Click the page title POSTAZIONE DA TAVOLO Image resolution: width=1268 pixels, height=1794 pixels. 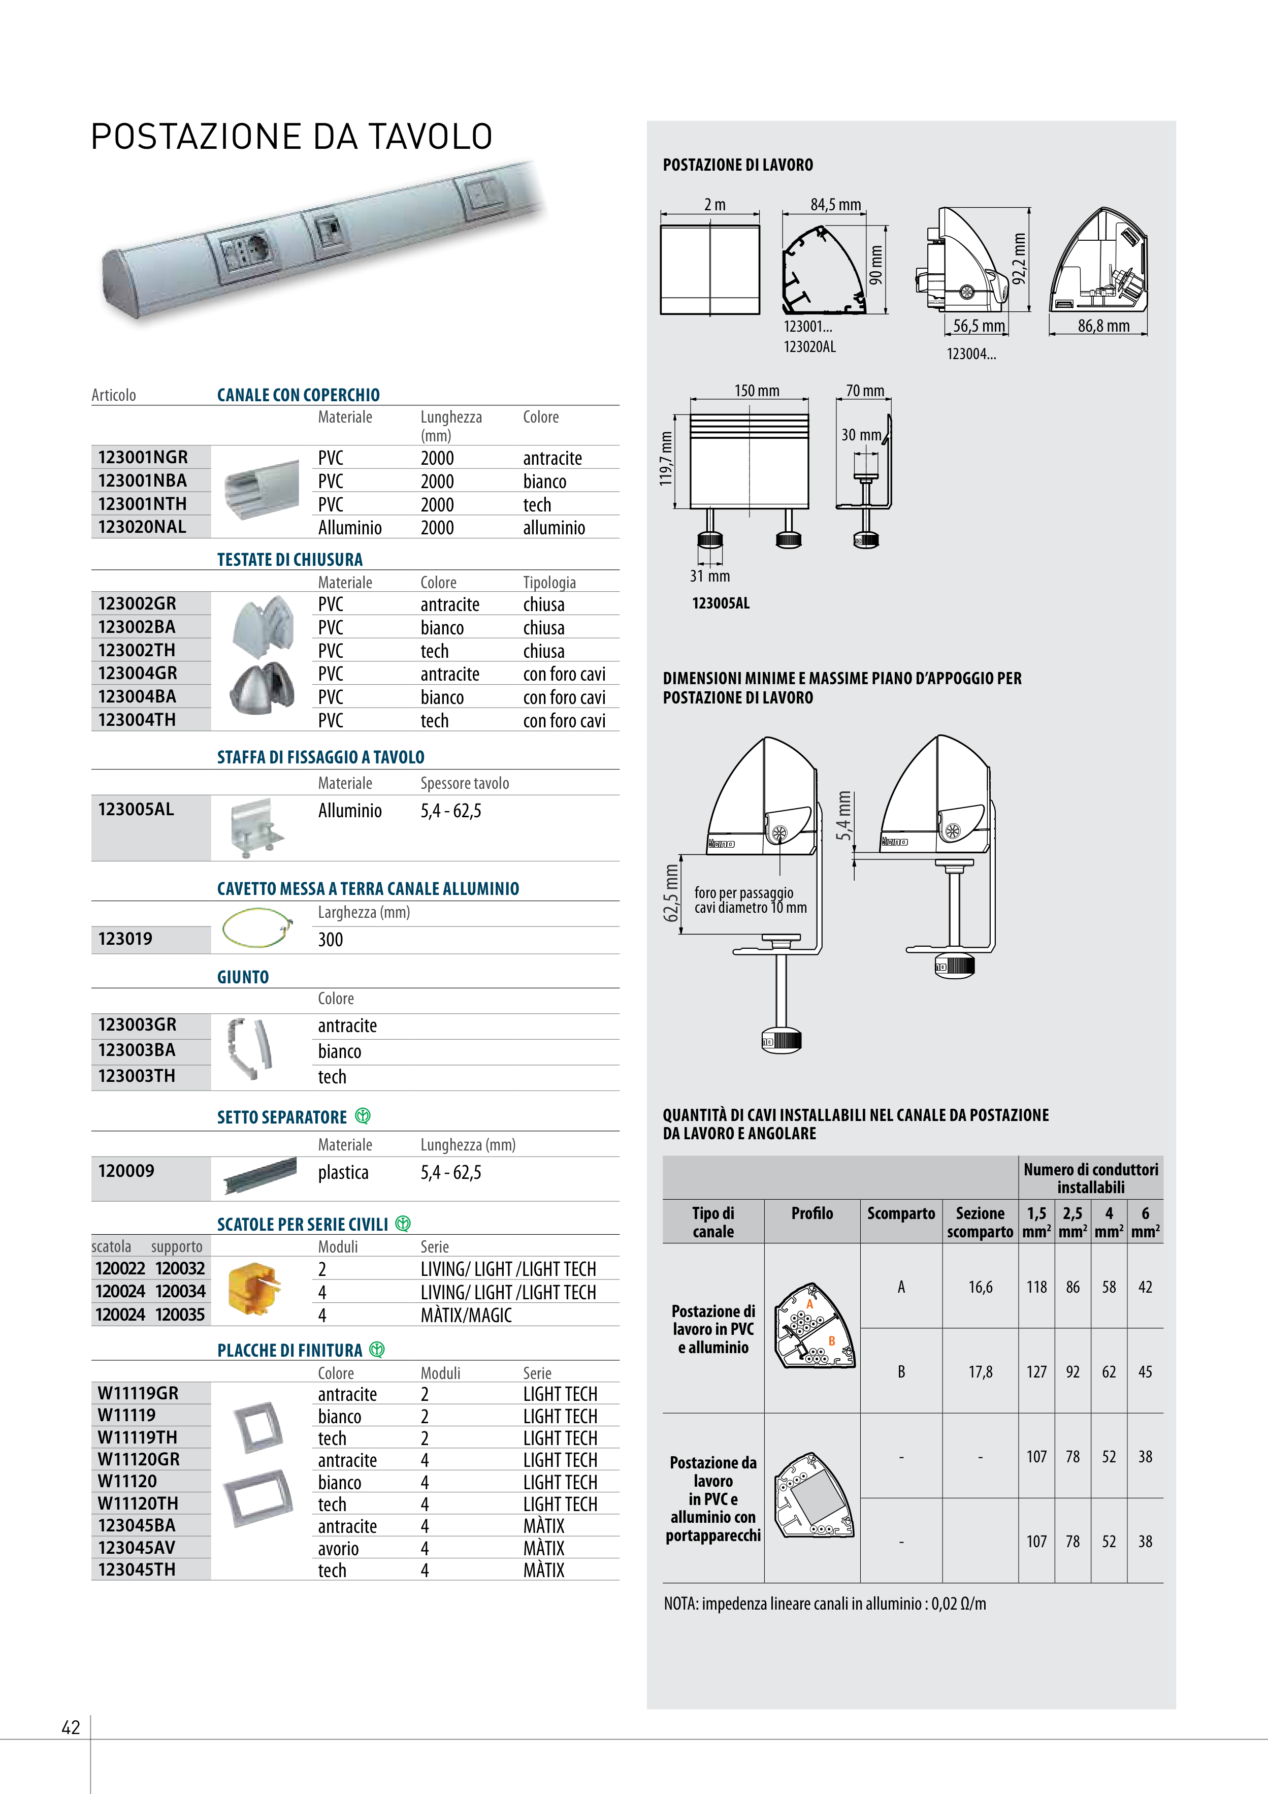coord(291,137)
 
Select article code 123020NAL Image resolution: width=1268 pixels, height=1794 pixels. coord(142,527)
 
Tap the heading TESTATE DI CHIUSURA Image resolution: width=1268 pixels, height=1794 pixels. coord(290,559)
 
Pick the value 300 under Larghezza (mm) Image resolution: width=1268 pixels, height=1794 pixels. coord(331,940)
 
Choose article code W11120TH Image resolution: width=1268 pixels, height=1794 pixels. coord(138,1503)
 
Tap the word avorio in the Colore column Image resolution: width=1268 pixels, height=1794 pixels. coord(338,1549)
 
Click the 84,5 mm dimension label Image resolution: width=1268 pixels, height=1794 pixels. coord(835,205)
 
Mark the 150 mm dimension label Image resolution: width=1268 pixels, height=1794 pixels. coord(756,391)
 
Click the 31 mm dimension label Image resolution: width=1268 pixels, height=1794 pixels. coord(709,576)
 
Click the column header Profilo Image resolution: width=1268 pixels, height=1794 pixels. coord(812,1213)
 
